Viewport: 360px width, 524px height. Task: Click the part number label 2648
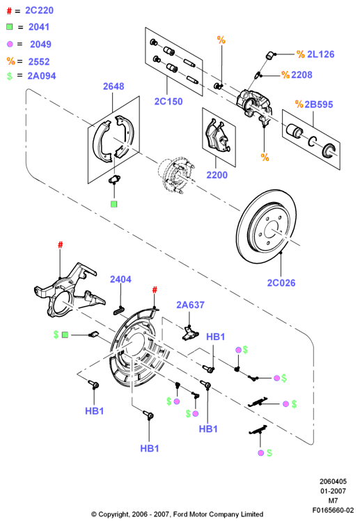(114, 86)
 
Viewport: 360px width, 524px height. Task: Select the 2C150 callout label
(169, 101)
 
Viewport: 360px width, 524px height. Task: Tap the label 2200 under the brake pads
(217, 175)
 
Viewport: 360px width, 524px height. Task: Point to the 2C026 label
(281, 283)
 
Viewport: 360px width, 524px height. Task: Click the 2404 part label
(120, 279)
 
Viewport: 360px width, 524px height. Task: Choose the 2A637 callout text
(190, 305)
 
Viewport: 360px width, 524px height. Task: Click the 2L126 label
(320, 54)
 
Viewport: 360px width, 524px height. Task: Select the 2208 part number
(302, 75)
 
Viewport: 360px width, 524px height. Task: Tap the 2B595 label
(319, 105)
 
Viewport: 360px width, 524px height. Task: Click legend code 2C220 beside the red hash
(40, 10)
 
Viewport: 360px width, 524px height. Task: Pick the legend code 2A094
(42, 76)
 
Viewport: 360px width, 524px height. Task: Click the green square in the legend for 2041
(9, 26)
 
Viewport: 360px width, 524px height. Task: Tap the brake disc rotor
(267, 226)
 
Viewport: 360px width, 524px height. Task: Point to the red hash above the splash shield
(155, 289)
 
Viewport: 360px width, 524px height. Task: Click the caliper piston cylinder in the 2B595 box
(294, 130)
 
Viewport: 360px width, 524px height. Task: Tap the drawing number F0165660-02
(333, 510)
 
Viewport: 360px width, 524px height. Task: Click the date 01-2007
(333, 491)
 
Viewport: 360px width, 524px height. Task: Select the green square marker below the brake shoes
(114, 204)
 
